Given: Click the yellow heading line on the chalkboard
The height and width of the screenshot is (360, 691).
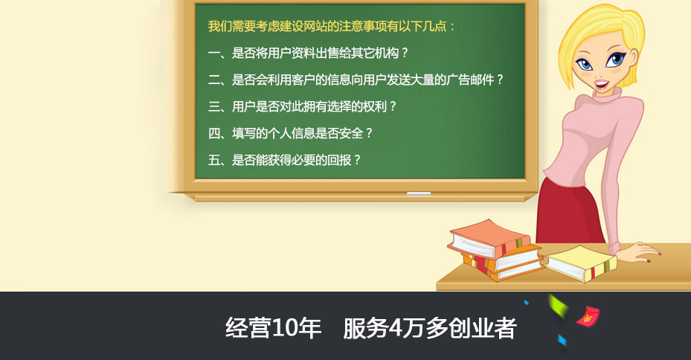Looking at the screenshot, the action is [332, 27].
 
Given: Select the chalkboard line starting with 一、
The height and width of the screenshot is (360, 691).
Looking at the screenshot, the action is [308, 54].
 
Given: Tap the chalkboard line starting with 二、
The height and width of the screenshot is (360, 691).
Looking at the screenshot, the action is [356, 80].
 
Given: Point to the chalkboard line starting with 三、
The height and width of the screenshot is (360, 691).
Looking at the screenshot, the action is [302, 106].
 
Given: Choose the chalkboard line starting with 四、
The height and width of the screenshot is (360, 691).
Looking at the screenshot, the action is [290, 133].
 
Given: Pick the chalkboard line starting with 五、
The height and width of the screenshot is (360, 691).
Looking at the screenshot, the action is [284, 160].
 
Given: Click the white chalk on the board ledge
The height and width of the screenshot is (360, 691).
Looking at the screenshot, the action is [418, 193].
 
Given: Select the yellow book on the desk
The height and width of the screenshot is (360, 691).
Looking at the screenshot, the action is [581, 263].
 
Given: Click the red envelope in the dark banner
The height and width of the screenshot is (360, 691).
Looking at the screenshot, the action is [588, 316].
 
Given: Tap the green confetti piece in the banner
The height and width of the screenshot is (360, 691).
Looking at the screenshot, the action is [557, 305].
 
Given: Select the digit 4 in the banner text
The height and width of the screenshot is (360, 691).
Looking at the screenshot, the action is [394, 328].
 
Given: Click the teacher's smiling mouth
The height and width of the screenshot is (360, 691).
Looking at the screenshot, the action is [601, 83].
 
